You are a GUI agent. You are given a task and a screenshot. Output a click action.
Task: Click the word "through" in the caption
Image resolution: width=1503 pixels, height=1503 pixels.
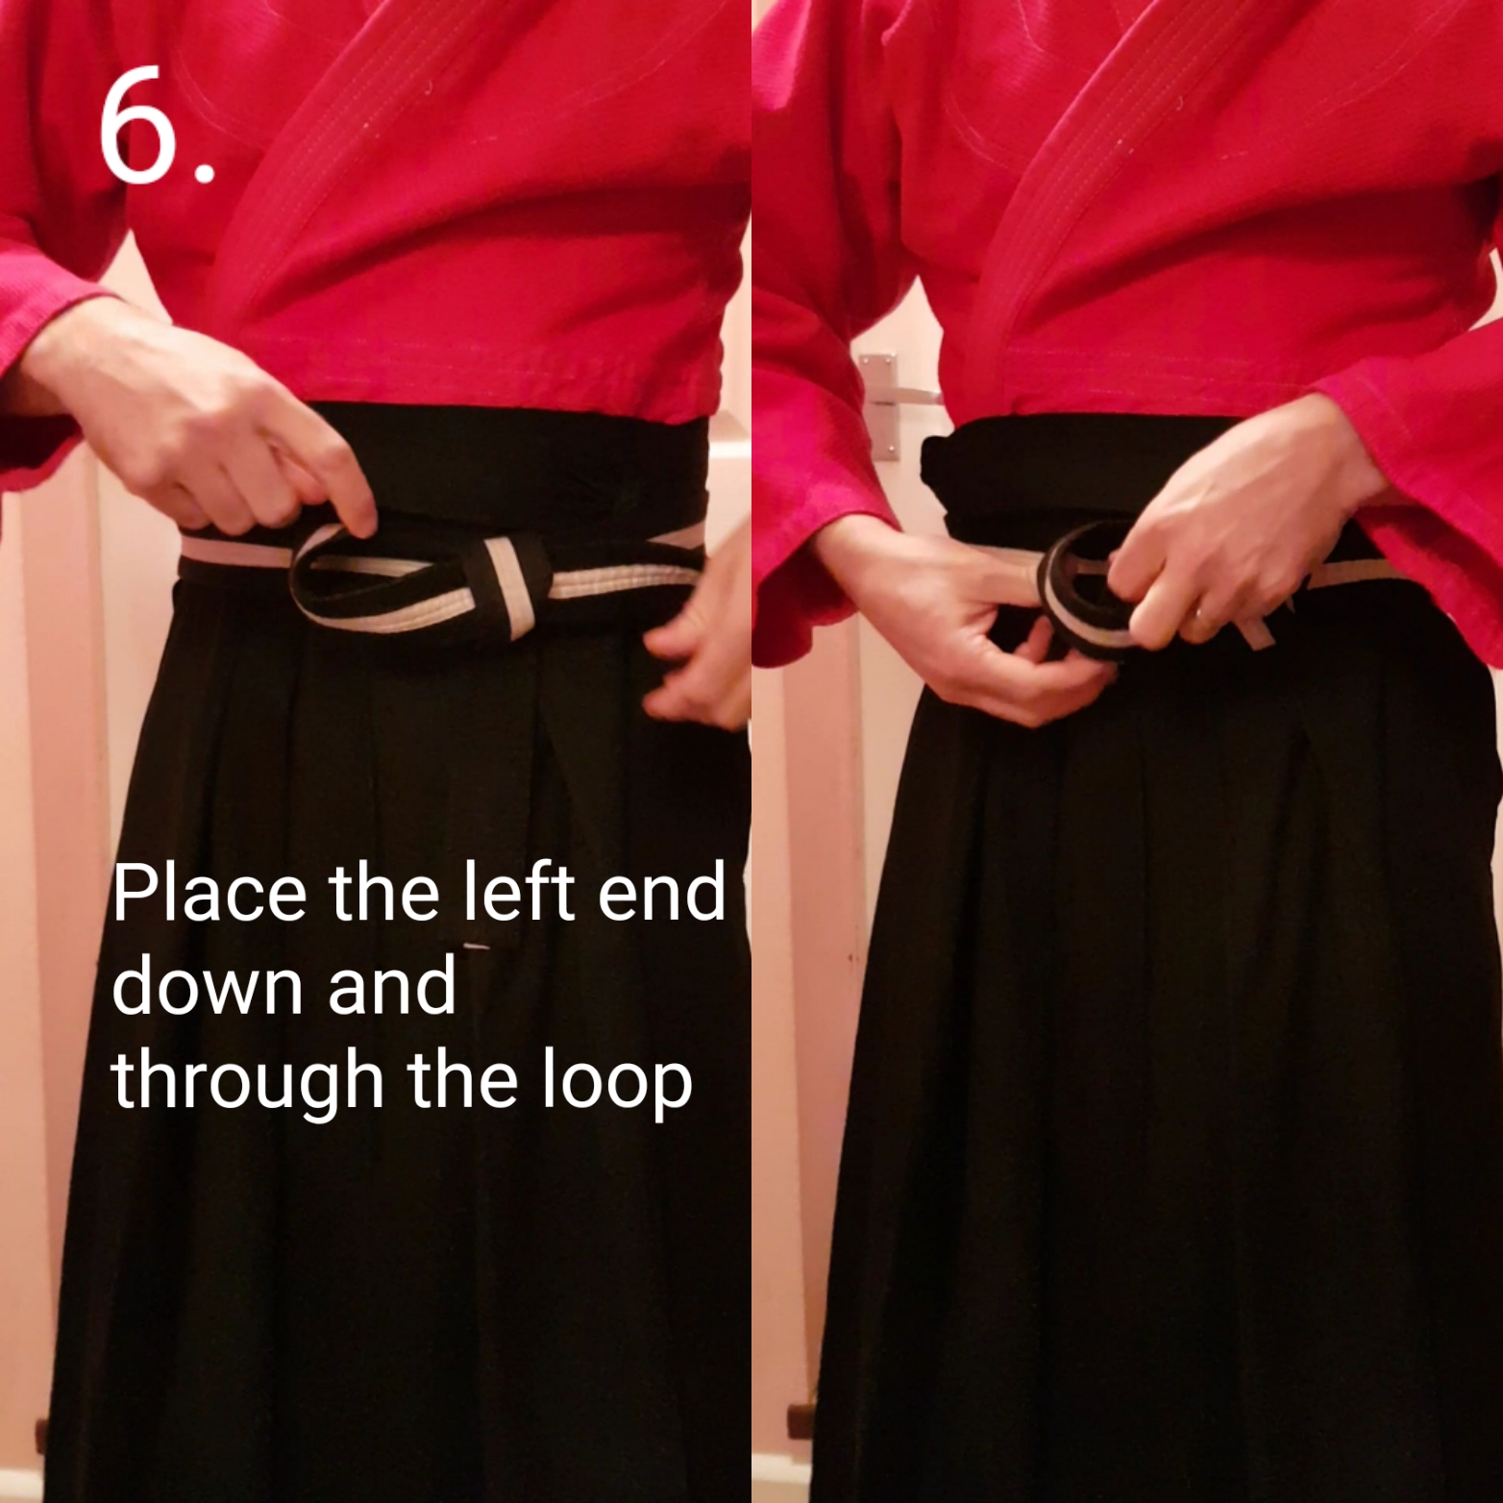click(x=246, y=1080)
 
